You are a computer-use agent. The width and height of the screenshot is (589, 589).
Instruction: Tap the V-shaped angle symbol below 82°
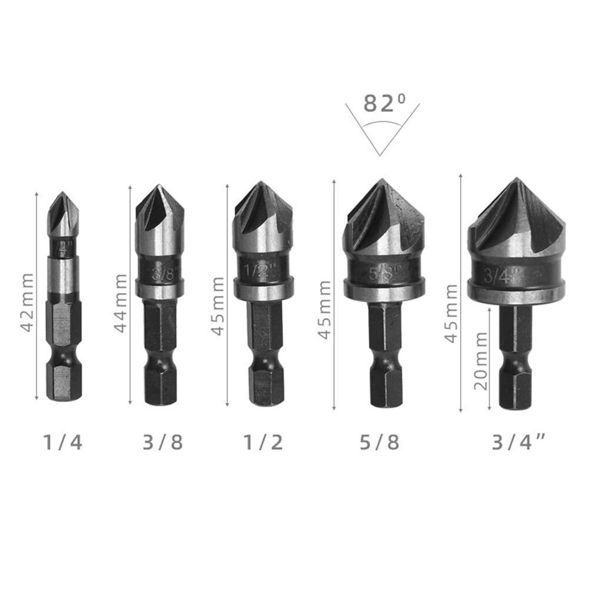382,132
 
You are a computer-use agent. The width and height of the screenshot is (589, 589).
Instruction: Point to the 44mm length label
120,302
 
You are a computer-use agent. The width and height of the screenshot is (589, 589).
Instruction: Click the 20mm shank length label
481,361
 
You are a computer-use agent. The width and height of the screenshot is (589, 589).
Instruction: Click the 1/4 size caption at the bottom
62,442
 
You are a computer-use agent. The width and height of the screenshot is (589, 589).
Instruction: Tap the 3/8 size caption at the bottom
162,442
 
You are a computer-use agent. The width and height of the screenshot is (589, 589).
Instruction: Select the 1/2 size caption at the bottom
262,442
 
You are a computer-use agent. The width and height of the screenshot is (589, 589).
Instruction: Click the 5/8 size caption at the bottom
380,442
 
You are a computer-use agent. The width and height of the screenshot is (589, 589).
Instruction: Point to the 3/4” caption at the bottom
520,442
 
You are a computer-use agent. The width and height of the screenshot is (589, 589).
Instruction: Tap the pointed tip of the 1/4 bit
62,193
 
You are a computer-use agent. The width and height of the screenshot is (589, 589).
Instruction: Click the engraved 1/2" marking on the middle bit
257,272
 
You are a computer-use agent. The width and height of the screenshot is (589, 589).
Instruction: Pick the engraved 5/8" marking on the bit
383,272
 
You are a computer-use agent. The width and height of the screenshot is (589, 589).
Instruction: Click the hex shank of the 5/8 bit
385,353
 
